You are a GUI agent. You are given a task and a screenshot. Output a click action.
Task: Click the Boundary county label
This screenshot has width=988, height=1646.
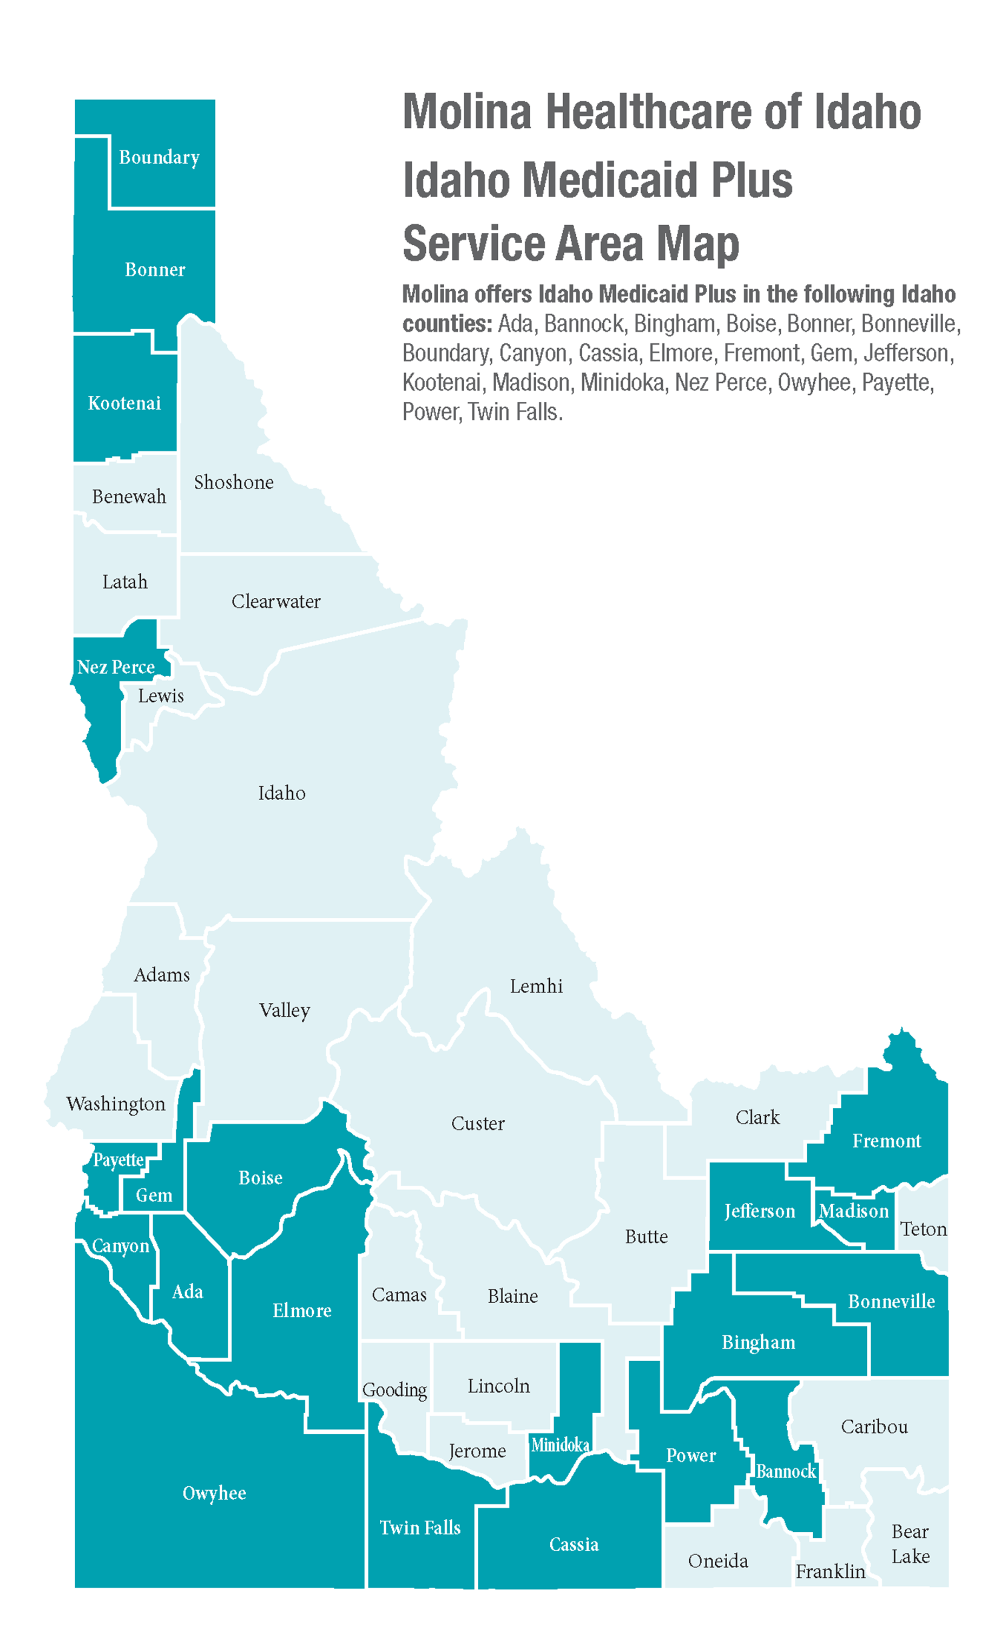click(159, 157)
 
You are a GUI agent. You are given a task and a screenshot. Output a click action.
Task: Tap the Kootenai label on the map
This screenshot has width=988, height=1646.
click(124, 403)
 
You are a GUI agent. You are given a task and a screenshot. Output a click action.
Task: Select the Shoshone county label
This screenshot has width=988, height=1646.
click(234, 482)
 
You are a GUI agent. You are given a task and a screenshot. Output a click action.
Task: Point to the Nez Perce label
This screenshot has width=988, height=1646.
click(116, 667)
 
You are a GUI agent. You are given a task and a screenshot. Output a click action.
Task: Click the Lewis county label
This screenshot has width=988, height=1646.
click(161, 696)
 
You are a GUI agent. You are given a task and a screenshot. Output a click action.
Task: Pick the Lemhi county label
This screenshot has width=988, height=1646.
click(536, 986)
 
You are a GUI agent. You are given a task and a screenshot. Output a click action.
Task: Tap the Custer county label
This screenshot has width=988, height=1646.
click(477, 1123)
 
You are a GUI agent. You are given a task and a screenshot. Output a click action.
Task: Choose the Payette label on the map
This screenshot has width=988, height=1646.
click(118, 1160)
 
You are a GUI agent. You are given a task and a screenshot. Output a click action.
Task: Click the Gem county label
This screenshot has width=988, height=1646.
click(154, 1195)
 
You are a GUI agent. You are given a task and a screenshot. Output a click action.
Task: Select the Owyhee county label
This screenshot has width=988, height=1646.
click(214, 1493)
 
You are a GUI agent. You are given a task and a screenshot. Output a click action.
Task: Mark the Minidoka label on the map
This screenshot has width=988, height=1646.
click(560, 1444)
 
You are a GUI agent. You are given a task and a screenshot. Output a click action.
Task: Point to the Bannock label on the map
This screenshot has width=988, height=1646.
click(786, 1471)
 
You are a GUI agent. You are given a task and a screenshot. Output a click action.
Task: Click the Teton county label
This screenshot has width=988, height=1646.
click(924, 1229)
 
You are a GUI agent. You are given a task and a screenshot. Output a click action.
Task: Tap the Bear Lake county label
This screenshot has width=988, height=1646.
click(910, 1544)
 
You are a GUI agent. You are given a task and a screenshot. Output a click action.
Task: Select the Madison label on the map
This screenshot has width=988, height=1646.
click(853, 1211)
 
